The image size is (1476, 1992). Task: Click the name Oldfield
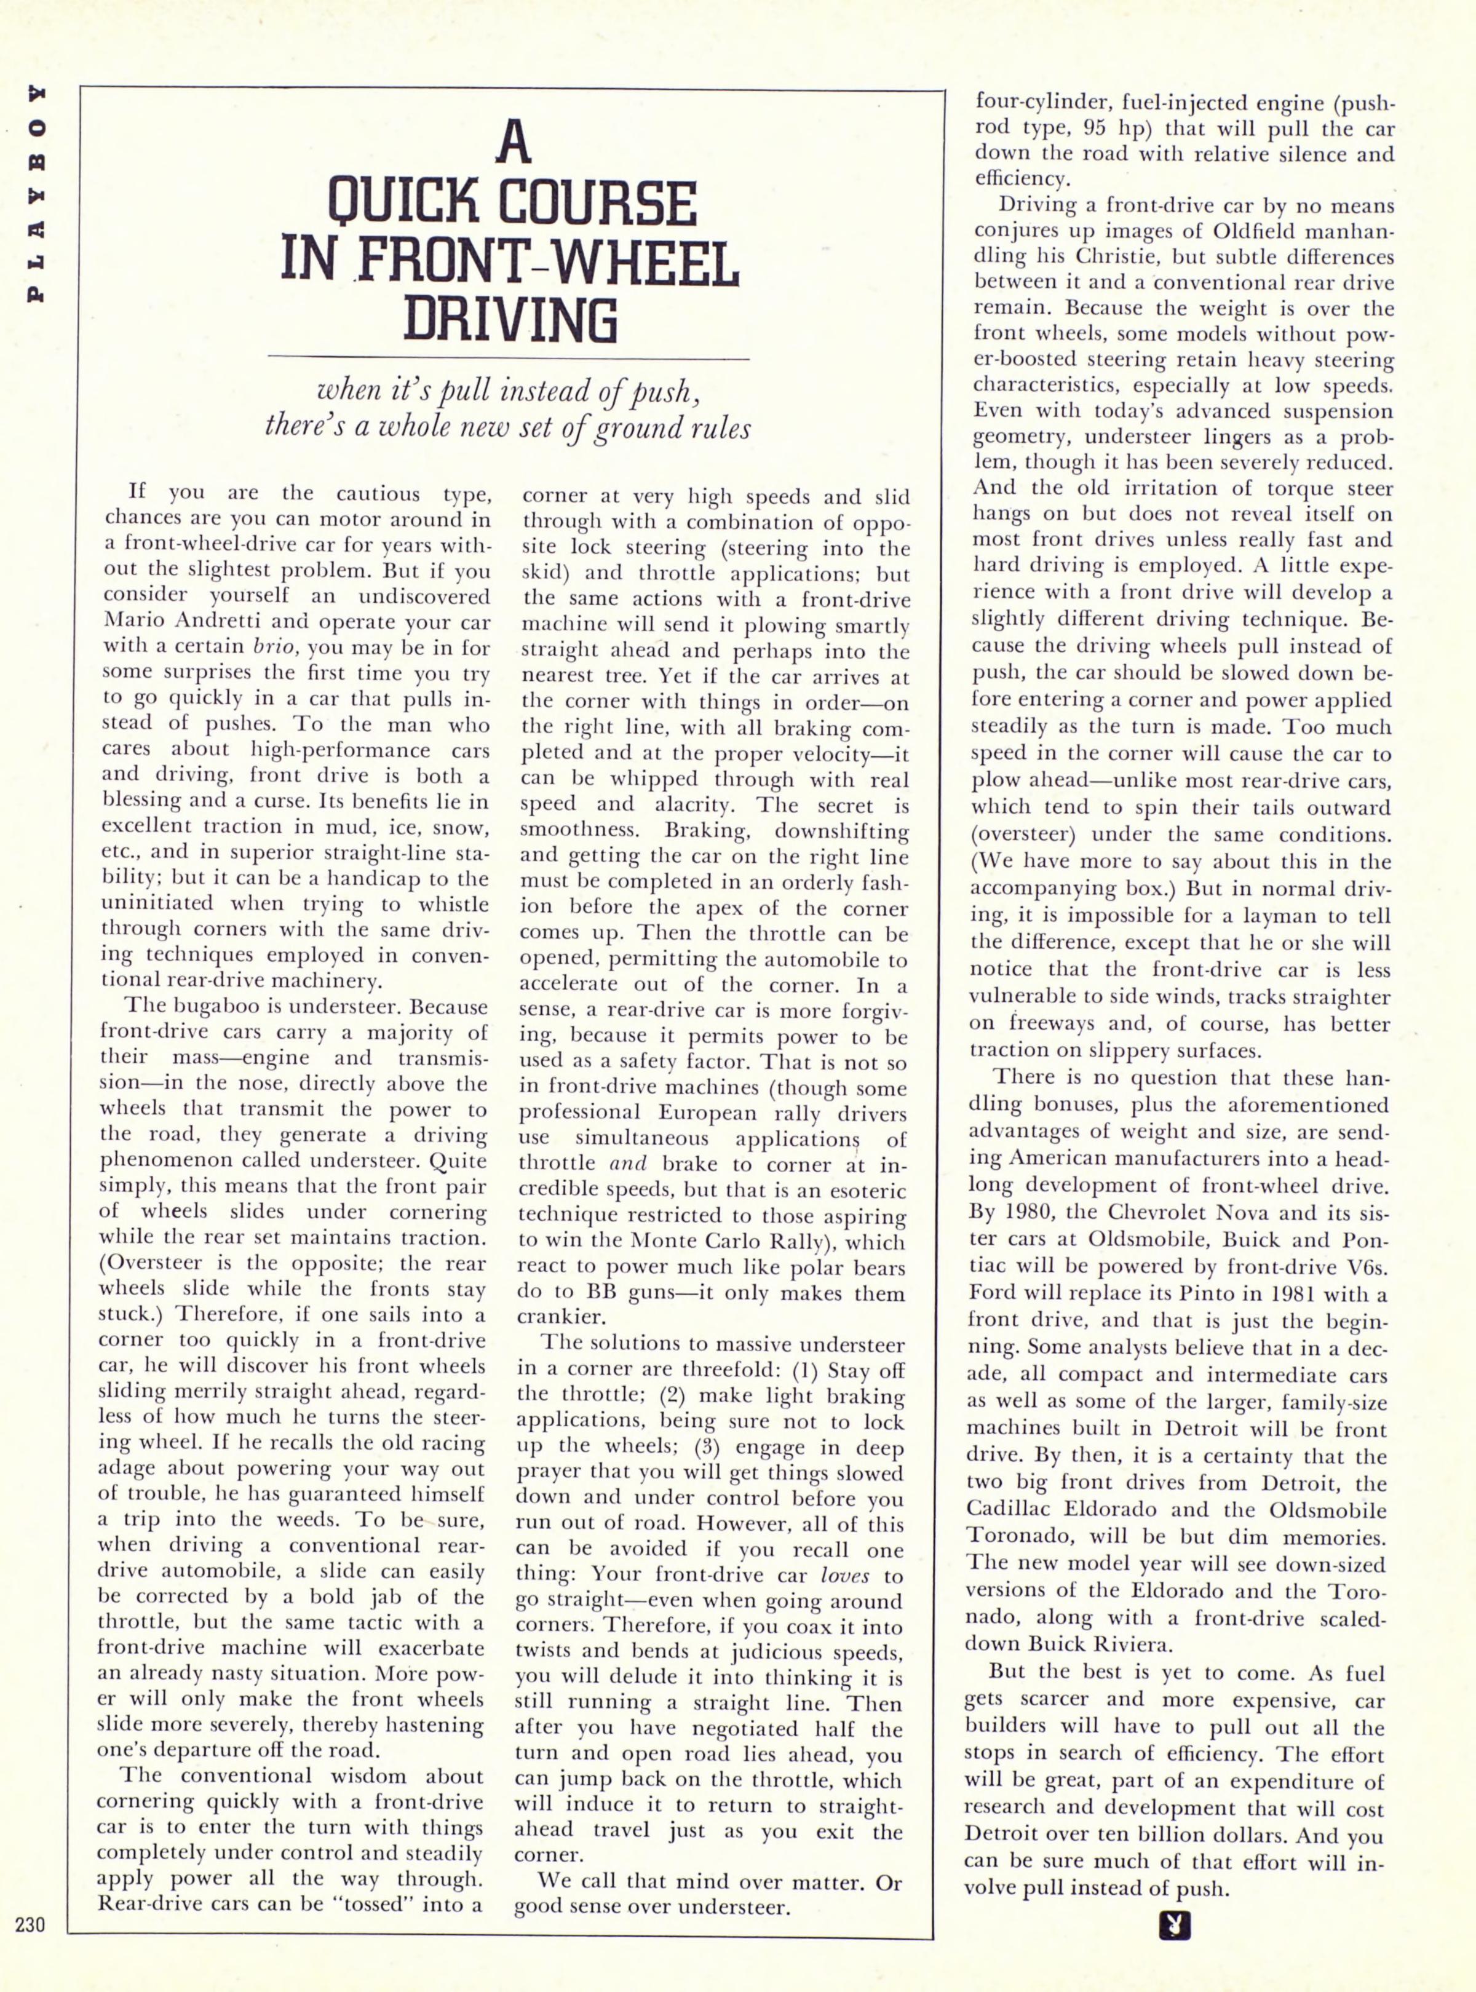coord(1255,231)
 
